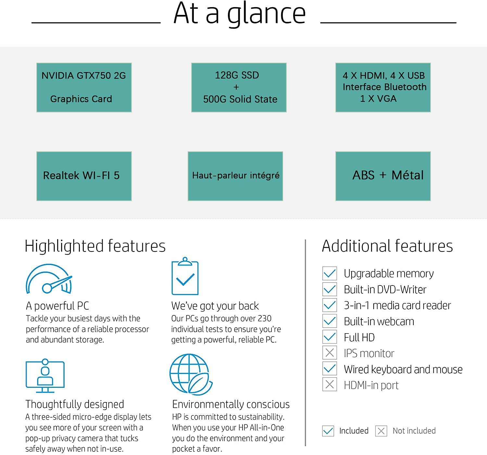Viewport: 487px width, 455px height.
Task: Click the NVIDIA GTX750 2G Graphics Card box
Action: point(84,87)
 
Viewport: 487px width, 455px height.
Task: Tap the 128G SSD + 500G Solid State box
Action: point(239,87)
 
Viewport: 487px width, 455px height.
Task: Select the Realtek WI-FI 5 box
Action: point(84,176)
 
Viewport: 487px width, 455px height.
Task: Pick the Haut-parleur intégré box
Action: point(235,176)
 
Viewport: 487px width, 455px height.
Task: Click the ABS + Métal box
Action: point(383,176)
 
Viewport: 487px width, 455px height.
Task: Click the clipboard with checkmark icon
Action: point(185,276)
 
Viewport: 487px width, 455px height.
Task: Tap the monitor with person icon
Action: point(45,375)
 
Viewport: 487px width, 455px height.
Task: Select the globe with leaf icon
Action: point(191,374)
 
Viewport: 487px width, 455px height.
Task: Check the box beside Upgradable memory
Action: point(330,273)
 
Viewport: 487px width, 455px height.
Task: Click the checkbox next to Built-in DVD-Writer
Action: point(330,289)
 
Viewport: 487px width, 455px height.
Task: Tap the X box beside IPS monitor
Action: point(330,353)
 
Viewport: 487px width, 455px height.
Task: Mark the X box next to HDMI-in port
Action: point(330,385)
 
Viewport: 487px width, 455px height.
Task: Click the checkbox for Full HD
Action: point(330,337)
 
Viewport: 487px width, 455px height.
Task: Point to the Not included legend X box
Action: point(381,431)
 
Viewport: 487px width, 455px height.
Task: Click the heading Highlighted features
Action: point(95,246)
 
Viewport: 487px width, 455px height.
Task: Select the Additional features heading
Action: point(387,246)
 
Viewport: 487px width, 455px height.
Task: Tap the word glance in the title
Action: point(267,14)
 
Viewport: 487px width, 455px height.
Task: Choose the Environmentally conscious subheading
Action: point(231,404)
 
